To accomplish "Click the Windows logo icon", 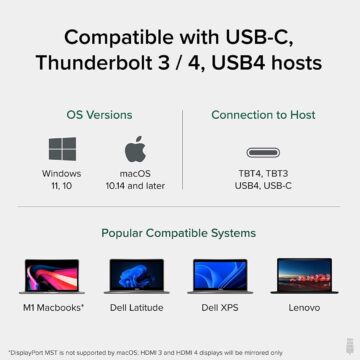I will [62, 150].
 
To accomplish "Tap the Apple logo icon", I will [135, 150].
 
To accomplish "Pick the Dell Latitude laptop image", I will [134, 279].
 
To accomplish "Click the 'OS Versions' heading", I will [98, 115].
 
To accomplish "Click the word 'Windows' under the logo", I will [62, 173].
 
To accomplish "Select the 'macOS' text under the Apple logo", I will [135, 173].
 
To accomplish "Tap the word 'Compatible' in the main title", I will [131, 36].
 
